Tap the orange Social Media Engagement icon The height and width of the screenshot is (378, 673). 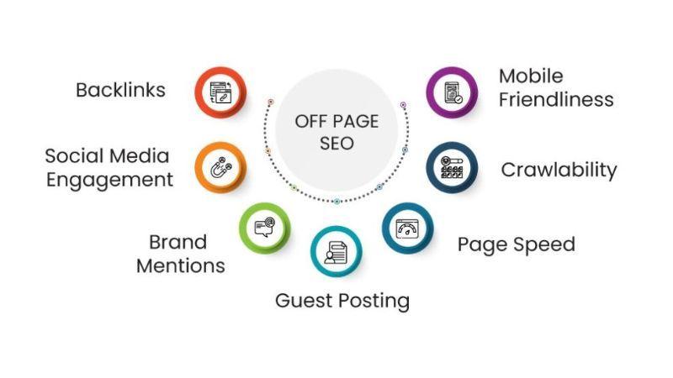(x=220, y=166)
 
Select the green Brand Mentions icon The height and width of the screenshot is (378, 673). (x=264, y=228)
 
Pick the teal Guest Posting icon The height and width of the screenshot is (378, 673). (x=336, y=250)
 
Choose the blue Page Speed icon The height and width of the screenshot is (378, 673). (x=408, y=228)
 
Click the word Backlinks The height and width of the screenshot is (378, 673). (x=120, y=90)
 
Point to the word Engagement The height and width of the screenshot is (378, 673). (x=109, y=179)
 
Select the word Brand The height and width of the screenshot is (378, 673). (x=178, y=243)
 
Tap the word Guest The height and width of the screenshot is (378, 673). (x=305, y=300)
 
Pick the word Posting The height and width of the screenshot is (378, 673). (x=375, y=301)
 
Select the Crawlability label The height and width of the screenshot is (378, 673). (x=559, y=171)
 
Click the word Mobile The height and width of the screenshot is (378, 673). (x=531, y=76)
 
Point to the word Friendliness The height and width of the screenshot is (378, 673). (x=555, y=99)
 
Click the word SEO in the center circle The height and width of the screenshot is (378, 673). (x=336, y=144)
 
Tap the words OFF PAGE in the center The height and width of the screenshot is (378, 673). (x=336, y=122)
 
